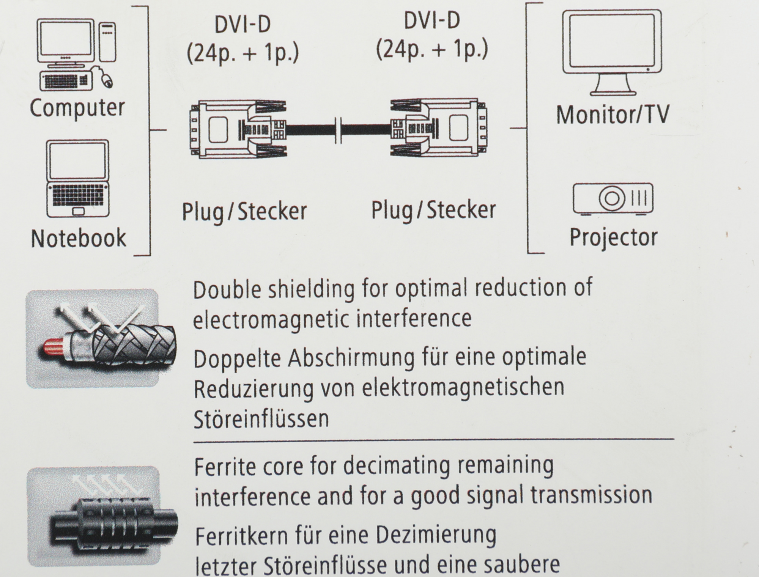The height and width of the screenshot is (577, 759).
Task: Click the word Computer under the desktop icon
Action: (77, 108)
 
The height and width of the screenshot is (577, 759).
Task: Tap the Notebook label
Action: (78, 238)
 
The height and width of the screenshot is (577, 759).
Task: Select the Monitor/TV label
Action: (613, 115)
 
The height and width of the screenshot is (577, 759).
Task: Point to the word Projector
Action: (614, 238)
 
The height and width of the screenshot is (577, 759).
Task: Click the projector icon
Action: (613, 199)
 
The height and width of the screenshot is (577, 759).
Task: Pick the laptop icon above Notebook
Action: (78, 179)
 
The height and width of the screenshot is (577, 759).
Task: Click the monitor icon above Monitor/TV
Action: (612, 52)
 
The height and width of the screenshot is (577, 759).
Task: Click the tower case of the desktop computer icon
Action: (107, 42)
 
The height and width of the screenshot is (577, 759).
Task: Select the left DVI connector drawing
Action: (238, 129)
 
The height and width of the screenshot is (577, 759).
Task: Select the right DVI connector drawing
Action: (439, 128)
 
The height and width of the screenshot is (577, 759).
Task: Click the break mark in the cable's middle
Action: (339, 130)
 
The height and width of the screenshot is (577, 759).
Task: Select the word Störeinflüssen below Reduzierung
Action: (261, 419)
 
